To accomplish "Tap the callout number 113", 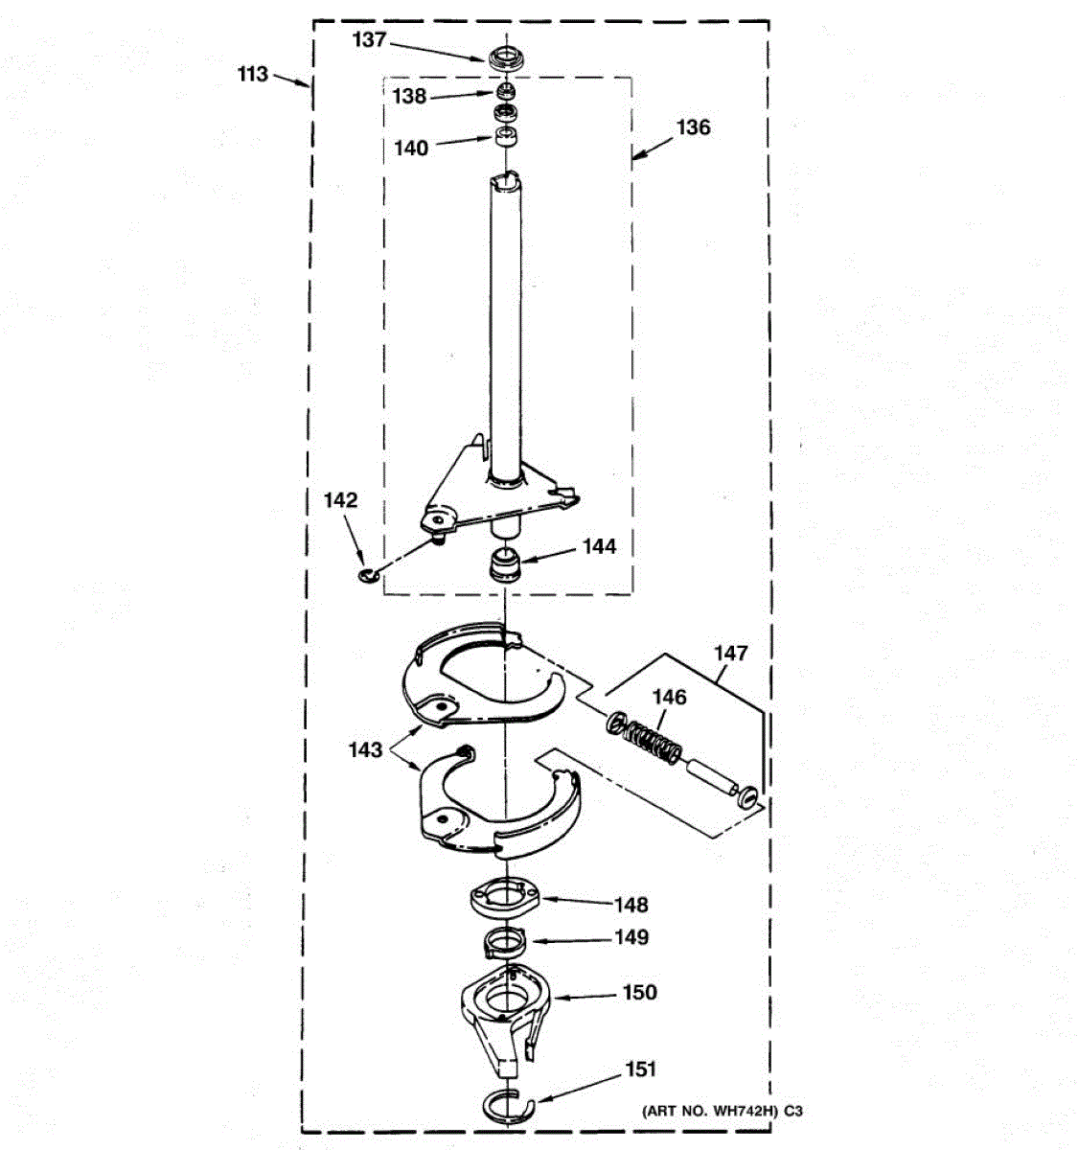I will click(x=253, y=74).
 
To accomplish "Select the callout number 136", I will click(x=693, y=127).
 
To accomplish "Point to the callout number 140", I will click(x=411, y=149).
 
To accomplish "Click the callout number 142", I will click(x=340, y=500).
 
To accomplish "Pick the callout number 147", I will click(x=730, y=654).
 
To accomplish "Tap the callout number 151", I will click(x=641, y=1069).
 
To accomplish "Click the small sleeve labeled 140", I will click(x=506, y=136).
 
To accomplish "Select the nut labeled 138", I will click(x=505, y=93).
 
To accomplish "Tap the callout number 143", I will click(x=365, y=749).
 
